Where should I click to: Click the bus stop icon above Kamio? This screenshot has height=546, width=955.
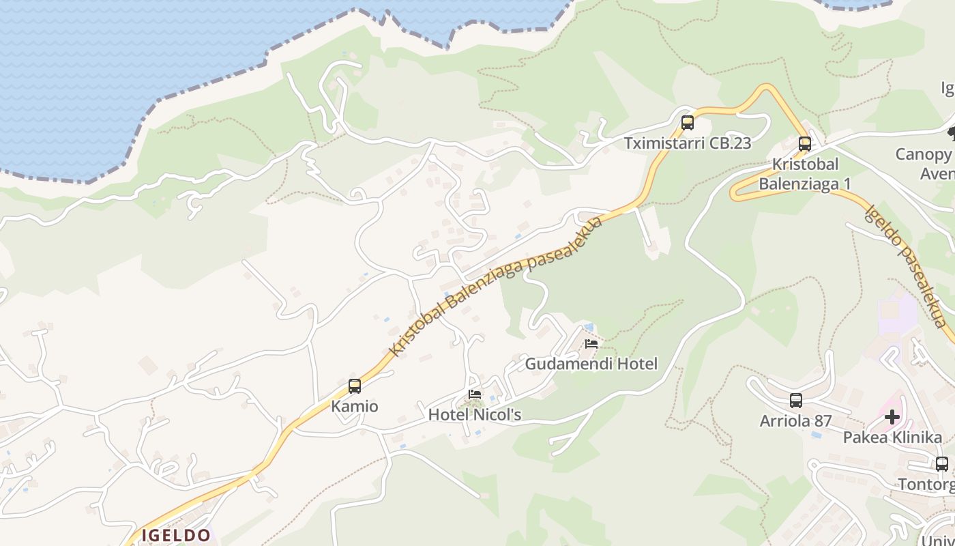tap(355, 386)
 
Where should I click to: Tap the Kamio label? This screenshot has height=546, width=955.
tap(355, 406)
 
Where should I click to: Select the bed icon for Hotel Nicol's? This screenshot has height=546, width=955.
tap(475, 394)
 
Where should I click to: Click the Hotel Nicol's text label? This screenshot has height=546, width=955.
tap(475, 414)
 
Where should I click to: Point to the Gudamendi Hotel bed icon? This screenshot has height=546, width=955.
tap(591, 343)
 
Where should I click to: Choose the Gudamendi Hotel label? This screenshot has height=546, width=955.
tap(591, 364)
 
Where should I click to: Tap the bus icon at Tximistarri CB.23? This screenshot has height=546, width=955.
tap(688, 123)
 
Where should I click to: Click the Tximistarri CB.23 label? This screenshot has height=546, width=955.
tap(688, 143)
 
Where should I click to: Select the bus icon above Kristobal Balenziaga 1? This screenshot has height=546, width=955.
tap(805, 144)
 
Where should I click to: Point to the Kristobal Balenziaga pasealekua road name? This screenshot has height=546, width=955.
tap(496, 286)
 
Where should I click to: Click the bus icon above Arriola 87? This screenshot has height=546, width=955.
tap(796, 401)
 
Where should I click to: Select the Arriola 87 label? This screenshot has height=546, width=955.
tap(796, 420)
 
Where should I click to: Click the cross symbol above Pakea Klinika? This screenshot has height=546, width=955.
tap(892, 417)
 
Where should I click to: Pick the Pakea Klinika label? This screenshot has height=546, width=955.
tap(892, 437)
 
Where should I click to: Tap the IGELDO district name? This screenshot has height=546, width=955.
tap(176, 535)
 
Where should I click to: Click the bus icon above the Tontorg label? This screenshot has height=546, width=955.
tap(942, 464)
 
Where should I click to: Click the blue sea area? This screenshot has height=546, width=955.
tap(102, 75)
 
